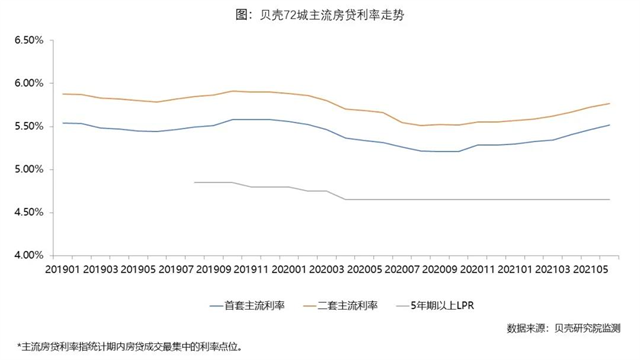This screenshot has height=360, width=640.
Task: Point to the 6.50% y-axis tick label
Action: tap(26, 41)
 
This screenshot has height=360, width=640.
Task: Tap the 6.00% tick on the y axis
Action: tap(26, 84)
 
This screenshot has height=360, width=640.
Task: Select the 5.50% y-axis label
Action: tap(26, 127)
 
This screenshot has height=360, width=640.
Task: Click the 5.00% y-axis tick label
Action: tap(26, 170)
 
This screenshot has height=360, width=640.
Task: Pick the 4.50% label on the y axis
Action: tap(26, 213)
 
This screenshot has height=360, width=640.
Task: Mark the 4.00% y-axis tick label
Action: tap(26, 256)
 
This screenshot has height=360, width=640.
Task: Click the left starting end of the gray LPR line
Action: tap(194, 182)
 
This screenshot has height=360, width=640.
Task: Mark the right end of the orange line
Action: tap(610, 104)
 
